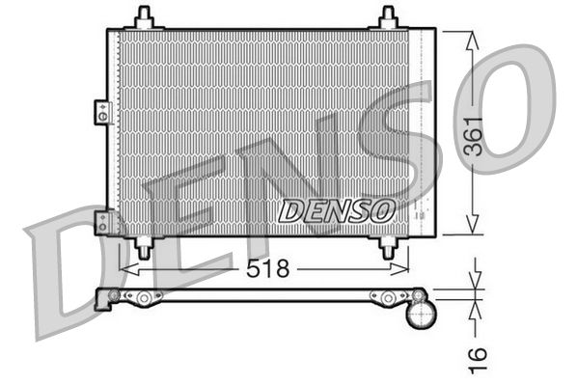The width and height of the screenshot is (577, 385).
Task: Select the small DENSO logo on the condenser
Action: pos(337,208)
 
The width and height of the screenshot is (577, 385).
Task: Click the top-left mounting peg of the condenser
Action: pos(144,17)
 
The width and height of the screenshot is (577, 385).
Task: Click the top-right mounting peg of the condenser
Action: pos(387,17)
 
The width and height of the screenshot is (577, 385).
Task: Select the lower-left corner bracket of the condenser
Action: pos(102,223)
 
